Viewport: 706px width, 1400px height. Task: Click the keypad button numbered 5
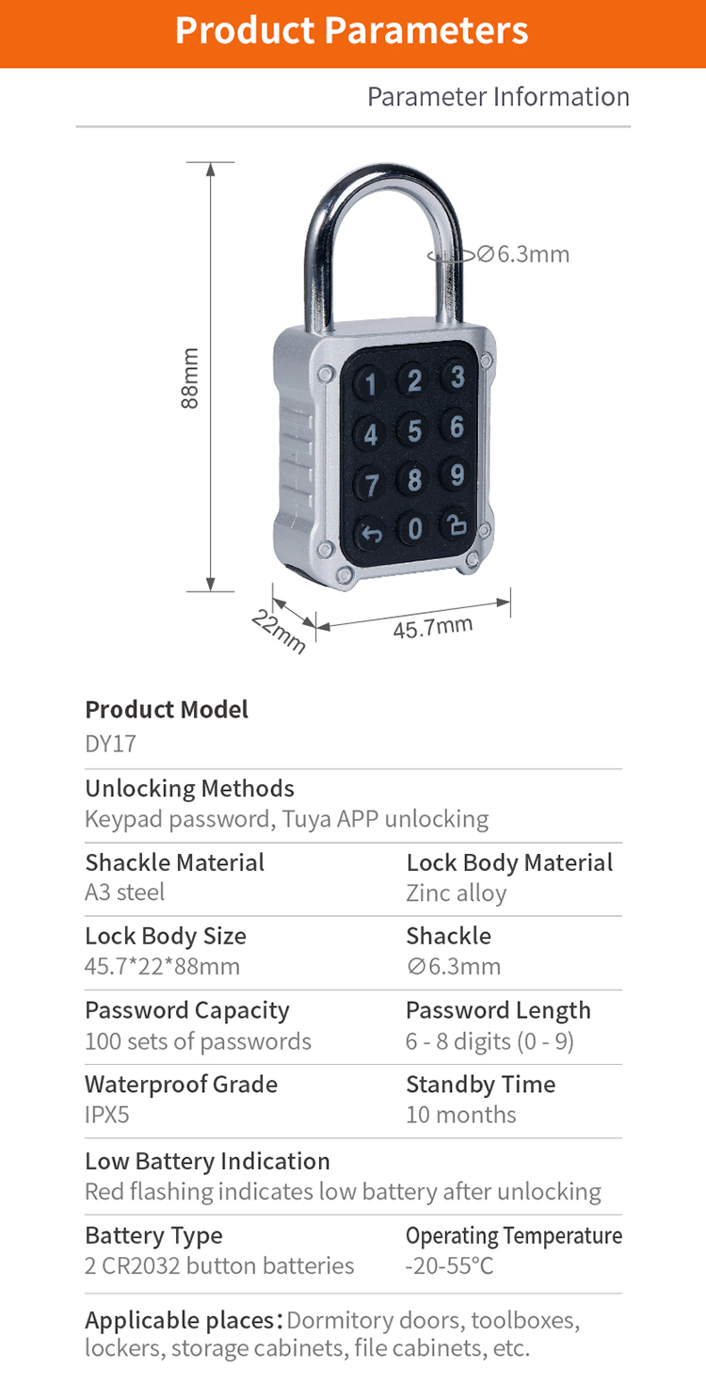[414, 430]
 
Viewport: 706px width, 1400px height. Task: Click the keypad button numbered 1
[371, 384]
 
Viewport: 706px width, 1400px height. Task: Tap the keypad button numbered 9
[457, 475]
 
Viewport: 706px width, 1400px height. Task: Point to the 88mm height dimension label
[190, 378]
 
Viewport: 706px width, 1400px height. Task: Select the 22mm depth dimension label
[279, 631]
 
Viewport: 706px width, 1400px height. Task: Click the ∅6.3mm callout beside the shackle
[522, 254]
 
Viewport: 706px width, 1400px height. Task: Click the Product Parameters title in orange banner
[352, 31]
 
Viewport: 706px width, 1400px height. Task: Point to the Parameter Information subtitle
[498, 97]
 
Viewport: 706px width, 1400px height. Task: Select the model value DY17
[110, 744]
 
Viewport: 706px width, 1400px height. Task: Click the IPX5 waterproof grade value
[107, 1115]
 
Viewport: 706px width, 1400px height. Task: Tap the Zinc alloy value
[457, 893]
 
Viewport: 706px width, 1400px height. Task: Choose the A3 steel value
[124, 893]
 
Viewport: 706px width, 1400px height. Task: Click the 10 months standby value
[461, 1115]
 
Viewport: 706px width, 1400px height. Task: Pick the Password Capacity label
[187, 1010]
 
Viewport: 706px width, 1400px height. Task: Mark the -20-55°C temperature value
[449, 1265]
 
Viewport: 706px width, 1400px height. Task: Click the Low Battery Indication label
[207, 1161]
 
